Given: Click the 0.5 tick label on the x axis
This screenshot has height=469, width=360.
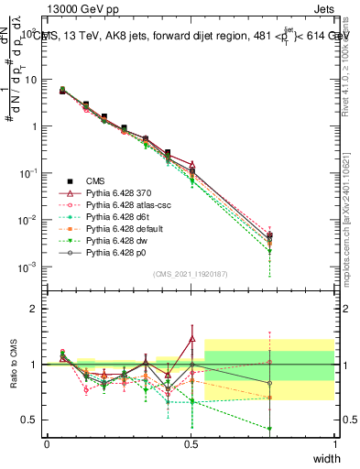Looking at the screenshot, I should [191, 442].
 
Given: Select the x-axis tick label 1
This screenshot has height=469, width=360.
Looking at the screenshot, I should [335, 442].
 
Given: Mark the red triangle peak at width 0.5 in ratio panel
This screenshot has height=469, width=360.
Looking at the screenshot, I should [191, 339].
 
